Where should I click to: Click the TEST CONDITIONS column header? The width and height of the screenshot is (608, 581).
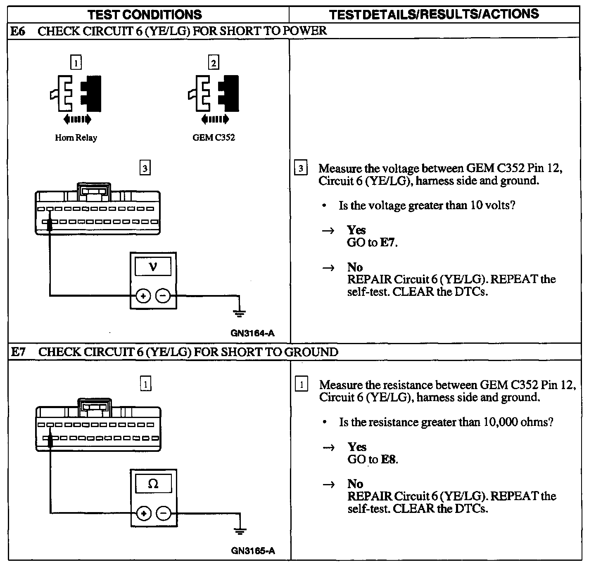point(145,15)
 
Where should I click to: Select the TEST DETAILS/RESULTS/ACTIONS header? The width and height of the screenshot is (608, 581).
point(434,14)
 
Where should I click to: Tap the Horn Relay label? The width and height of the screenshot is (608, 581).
point(76,138)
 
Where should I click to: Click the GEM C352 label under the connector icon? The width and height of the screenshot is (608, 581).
point(214,138)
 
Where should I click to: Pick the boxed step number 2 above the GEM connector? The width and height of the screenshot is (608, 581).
point(213,63)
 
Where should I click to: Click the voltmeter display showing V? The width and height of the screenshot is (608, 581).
point(153,267)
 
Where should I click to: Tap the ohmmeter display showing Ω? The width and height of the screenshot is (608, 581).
point(153,484)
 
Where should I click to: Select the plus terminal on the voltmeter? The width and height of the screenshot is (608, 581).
point(143,296)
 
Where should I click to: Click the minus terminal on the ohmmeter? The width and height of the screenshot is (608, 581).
point(164,513)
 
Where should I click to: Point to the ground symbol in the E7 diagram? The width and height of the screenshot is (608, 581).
point(240,531)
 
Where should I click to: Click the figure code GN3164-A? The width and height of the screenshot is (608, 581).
point(252,333)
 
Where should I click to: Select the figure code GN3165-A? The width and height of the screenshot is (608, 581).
point(253,550)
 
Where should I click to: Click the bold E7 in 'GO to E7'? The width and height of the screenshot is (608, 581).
point(388,243)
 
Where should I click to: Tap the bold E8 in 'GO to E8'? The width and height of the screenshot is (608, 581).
point(389,459)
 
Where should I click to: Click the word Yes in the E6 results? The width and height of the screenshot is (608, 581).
point(356,230)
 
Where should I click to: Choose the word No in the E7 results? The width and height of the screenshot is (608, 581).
point(355,484)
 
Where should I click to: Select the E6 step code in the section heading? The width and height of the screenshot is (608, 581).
point(17,31)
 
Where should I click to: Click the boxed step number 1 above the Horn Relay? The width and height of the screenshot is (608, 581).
point(76,63)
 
